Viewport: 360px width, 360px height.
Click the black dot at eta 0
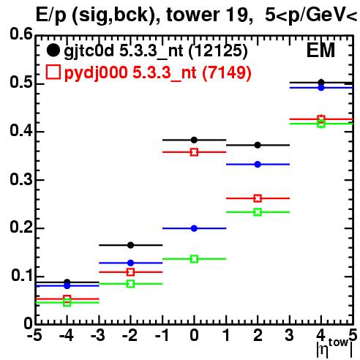(x=194, y=140)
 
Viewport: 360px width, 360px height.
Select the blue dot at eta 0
(x=194, y=228)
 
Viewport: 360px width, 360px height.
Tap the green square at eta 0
(x=194, y=259)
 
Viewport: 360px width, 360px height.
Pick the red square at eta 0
(x=194, y=152)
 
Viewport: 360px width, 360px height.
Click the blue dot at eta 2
(x=258, y=165)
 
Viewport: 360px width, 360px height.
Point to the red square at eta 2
(x=258, y=198)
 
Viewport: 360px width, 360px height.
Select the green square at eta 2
(x=258, y=212)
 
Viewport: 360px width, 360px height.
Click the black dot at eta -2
(x=131, y=245)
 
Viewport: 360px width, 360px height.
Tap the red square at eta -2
(x=131, y=272)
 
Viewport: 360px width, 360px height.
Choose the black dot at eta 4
(x=321, y=83)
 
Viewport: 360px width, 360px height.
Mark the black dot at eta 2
(x=258, y=145)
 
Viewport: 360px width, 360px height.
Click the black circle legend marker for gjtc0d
(x=53, y=50)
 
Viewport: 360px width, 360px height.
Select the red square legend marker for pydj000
(x=53, y=72)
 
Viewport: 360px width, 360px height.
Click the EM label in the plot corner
(x=320, y=50)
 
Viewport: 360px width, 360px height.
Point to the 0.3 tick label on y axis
(x=21, y=180)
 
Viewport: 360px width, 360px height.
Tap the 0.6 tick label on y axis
(x=21, y=34)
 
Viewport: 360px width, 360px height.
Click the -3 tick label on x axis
(x=98, y=335)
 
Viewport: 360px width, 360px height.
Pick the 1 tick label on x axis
(x=227, y=335)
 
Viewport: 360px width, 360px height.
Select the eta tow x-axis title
(x=334, y=348)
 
